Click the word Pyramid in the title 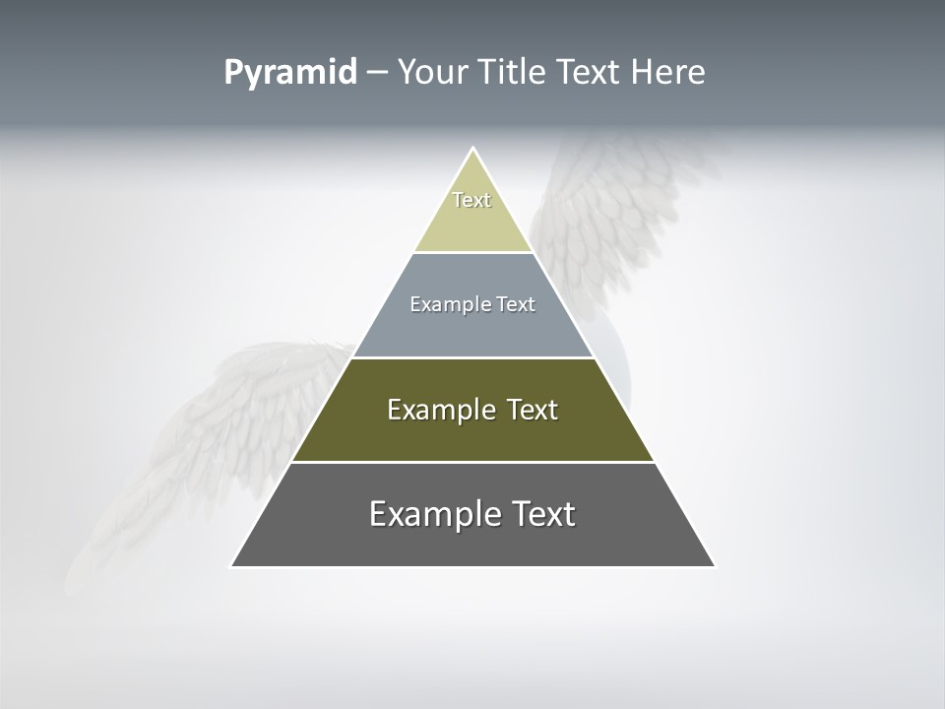[x=290, y=73]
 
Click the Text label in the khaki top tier [x=472, y=200]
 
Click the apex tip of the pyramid [x=472, y=150]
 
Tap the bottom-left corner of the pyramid [x=233, y=565]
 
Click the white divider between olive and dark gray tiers [x=472, y=462]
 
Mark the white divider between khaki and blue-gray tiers [x=472, y=252]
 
